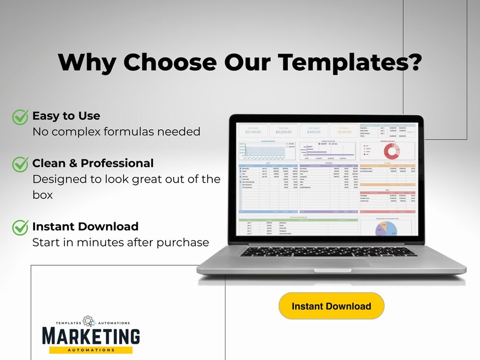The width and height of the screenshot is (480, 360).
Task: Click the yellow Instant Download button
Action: coord(331,306)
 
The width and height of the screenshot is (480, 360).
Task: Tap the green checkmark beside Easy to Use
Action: coord(21,116)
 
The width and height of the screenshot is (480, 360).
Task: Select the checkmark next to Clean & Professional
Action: coord(21,164)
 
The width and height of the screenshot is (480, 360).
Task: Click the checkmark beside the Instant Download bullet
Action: coord(21,227)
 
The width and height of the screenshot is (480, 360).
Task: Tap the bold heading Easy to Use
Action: coord(66,115)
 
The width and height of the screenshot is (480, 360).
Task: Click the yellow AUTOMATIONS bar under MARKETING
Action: coord(91,350)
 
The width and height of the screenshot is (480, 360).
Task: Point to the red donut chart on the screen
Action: coord(388,150)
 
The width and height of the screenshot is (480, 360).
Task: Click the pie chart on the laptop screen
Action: coord(386,228)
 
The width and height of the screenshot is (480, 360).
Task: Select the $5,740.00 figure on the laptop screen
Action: coord(253,131)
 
